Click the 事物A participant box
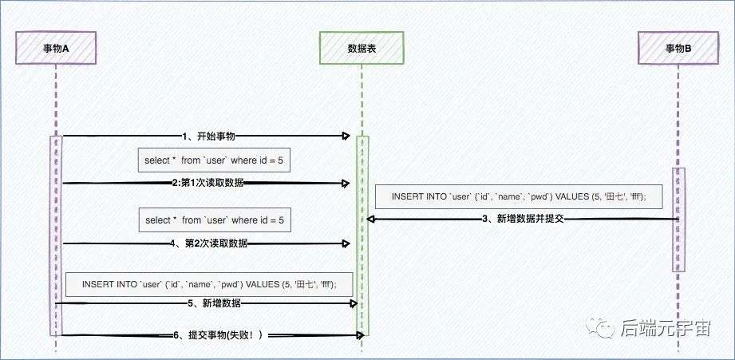(56, 48)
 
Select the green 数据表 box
(361, 48)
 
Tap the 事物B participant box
(678, 48)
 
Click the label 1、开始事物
(208, 136)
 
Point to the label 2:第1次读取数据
(207, 184)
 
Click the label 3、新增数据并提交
(523, 219)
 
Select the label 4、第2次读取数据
(209, 243)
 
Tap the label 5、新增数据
(214, 304)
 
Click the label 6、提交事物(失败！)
(218, 335)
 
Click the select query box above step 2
(214, 160)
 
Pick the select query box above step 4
(215, 220)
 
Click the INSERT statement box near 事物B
(519, 197)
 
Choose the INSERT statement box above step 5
(209, 284)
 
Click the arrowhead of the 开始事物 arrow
(347, 136)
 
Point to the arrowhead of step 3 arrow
(371, 219)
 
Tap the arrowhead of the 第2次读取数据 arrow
(347, 243)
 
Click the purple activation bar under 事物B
(678, 220)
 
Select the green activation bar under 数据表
(362, 235)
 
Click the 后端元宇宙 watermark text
(666, 327)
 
